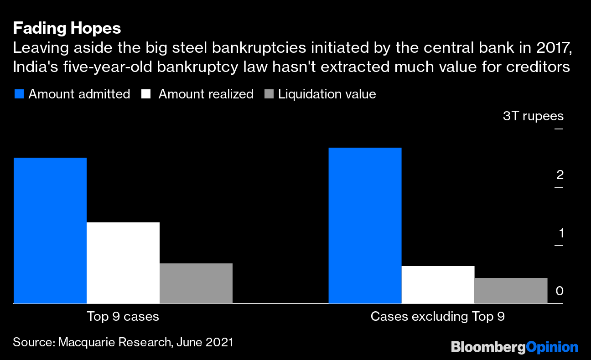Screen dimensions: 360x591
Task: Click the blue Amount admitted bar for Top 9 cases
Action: pos(50,230)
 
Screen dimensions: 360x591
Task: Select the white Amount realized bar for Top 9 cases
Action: pos(123,262)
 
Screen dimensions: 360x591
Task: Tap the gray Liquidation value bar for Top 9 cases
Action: pos(196,283)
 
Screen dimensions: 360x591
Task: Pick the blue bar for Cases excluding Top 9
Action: pos(365,225)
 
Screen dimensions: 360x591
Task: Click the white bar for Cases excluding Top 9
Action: pos(438,284)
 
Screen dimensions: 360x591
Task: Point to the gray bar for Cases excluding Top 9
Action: pos(511,290)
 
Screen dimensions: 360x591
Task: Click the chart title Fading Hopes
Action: pos(67,28)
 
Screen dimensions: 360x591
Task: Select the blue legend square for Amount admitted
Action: pos(19,94)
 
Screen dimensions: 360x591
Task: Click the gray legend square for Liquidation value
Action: pos(269,94)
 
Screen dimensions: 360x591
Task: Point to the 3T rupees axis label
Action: pos(533,116)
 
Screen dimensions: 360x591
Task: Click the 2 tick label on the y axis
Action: pos(560,175)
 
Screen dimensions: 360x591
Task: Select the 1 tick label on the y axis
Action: pos(561,233)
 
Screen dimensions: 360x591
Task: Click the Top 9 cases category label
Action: pos(123,316)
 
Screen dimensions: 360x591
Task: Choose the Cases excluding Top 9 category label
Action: pos(438,316)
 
